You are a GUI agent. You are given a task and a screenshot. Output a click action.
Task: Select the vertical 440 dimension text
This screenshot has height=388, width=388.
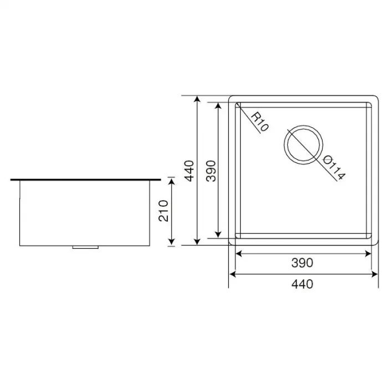(190, 171)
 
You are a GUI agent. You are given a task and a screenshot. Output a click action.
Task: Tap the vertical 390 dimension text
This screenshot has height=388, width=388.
(211, 171)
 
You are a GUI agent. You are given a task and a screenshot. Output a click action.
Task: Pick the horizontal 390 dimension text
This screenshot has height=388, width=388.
(303, 262)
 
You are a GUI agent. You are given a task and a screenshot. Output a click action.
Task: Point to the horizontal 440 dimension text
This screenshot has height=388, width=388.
(303, 284)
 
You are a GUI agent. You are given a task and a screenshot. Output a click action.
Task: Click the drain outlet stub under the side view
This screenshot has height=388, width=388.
(86, 247)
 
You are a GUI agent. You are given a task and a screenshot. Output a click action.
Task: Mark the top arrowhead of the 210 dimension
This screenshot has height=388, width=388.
(172, 182)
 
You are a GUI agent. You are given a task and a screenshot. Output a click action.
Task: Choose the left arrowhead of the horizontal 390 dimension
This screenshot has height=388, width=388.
(239, 253)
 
